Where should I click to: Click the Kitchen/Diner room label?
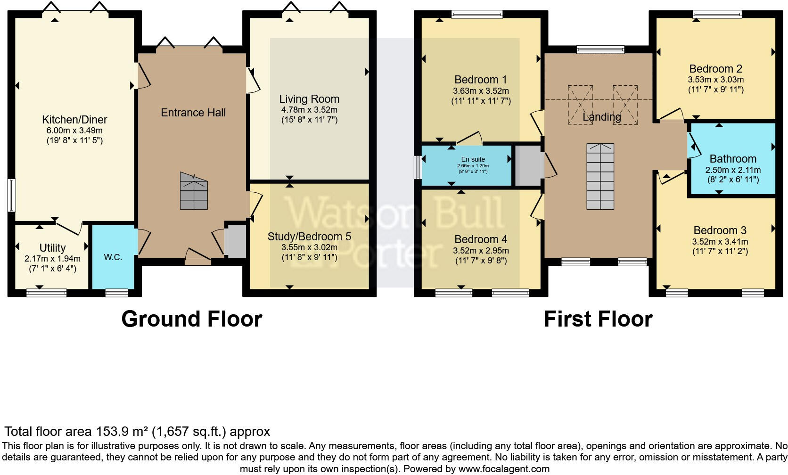[x=74, y=120]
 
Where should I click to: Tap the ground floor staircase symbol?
[x=194, y=191]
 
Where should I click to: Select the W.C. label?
[x=113, y=257]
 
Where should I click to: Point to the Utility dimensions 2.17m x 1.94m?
[x=52, y=259]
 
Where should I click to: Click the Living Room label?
[x=309, y=99]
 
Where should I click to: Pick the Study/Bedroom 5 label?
[x=309, y=237]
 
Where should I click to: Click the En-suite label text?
[x=473, y=159]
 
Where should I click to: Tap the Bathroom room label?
[x=733, y=159]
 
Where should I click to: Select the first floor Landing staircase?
[x=600, y=177]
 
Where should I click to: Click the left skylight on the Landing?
[x=580, y=105]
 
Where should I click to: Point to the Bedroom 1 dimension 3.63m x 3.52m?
[x=481, y=91]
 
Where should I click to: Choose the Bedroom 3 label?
[x=720, y=230]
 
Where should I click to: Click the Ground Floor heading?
[x=191, y=319]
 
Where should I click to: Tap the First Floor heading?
[x=598, y=319]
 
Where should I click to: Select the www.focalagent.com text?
[x=503, y=469]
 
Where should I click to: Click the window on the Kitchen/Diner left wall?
[x=11, y=195]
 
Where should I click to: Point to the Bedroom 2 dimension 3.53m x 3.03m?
[x=715, y=80]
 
